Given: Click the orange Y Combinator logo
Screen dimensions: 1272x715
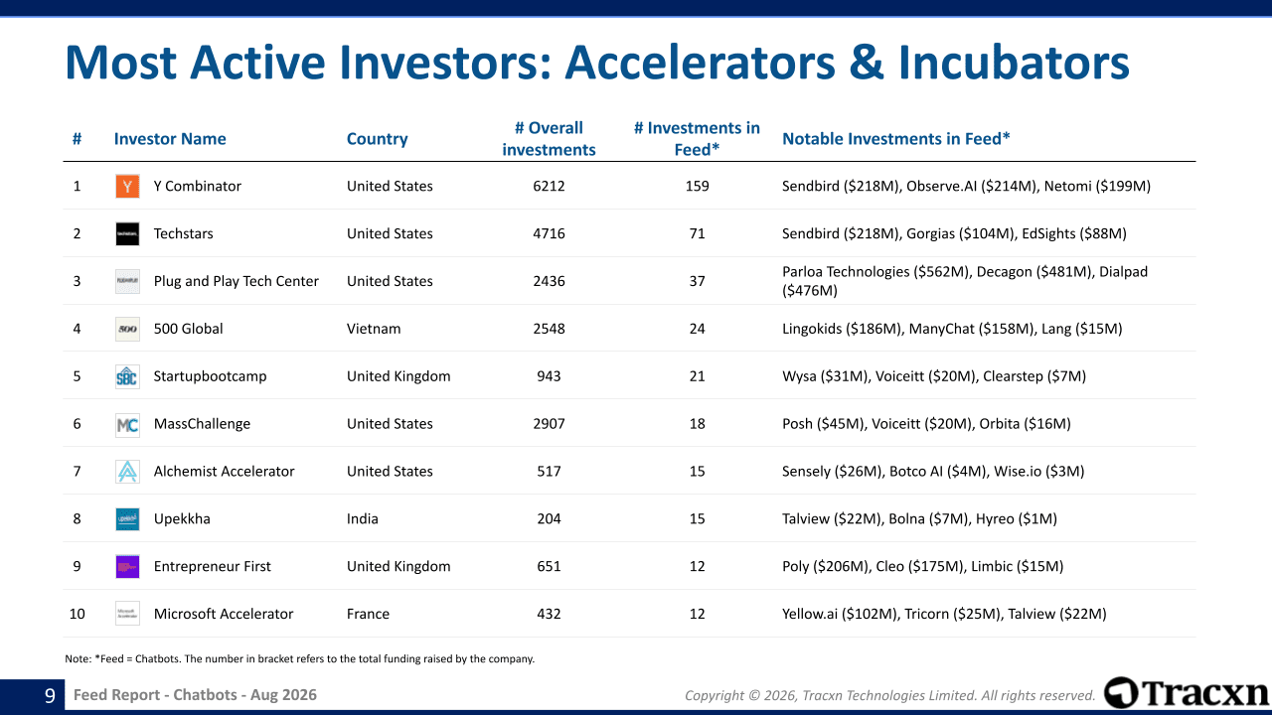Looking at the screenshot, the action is (127, 186).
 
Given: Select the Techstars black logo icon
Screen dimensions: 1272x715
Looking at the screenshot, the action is (127, 233).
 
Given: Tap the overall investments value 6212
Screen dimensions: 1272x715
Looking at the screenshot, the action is (549, 186).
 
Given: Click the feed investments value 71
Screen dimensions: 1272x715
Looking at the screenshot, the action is (697, 233).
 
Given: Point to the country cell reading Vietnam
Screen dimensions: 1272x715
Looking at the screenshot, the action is (374, 329).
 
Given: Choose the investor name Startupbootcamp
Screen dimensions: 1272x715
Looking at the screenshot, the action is (210, 376).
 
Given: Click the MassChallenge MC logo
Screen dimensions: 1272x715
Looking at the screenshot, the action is (127, 424).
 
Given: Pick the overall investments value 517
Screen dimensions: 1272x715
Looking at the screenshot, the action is (549, 472).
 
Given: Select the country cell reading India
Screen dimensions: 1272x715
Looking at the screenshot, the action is (363, 518).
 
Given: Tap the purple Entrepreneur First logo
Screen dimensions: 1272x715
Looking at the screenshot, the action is (127, 566).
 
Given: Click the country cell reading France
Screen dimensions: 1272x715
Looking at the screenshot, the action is (368, 614).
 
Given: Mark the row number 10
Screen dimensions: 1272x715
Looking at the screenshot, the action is (77, 614).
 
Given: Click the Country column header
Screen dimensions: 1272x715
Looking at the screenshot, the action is (377, 139).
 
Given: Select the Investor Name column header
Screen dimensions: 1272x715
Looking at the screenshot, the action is (170, 139).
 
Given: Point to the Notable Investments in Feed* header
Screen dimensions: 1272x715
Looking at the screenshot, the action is (896, 139).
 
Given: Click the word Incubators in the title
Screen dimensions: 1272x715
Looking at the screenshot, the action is (1014, 63).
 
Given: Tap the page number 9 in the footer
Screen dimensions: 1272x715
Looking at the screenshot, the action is (50, 695).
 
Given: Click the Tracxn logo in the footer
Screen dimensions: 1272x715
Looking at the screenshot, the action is (1187, 693).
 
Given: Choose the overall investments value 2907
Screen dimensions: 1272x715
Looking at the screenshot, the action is (549, 424).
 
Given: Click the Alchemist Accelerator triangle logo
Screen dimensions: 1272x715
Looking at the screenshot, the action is (127, 472).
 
